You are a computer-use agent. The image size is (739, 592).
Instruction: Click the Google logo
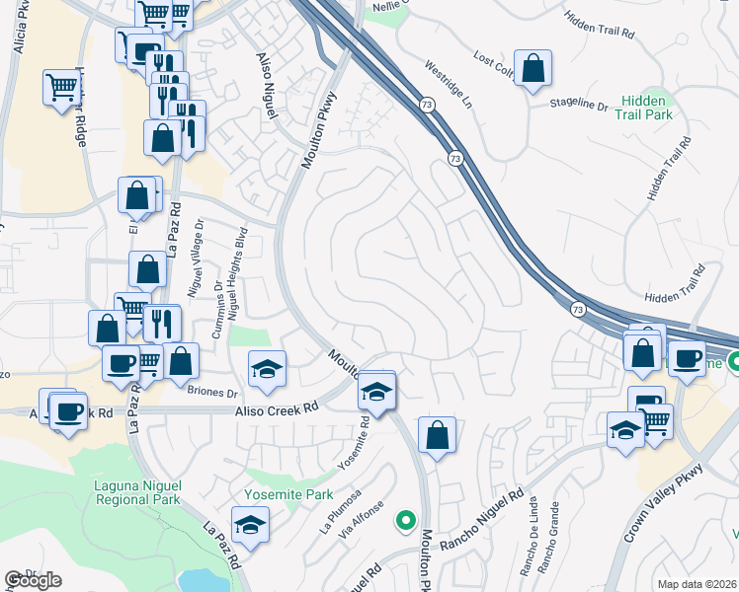(33, 580)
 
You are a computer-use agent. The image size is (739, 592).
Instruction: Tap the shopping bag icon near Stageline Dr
(533, 70)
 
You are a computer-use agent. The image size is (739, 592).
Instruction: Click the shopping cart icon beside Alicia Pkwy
(61, 87)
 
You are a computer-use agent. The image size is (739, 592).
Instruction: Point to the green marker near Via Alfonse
(403, 519)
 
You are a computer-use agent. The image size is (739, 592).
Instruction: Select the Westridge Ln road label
(450, 86)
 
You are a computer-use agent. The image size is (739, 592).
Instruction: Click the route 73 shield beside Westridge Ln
(426, 105)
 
